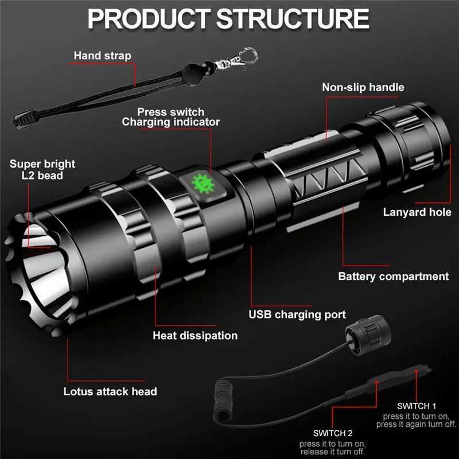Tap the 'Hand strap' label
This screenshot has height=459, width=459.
(102, 56)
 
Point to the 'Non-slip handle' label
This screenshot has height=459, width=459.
(363, 87)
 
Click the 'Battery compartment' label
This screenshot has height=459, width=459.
(393, 277)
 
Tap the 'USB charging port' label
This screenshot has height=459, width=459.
(297, 314)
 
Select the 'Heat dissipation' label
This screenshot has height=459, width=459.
(195, 336)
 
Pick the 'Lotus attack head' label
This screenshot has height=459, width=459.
(110, 392)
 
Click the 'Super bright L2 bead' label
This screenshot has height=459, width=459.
(42, 170)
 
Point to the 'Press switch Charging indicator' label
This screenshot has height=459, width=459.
(170, 116)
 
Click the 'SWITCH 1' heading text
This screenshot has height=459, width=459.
(416, 405)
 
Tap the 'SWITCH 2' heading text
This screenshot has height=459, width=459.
(333, 433)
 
